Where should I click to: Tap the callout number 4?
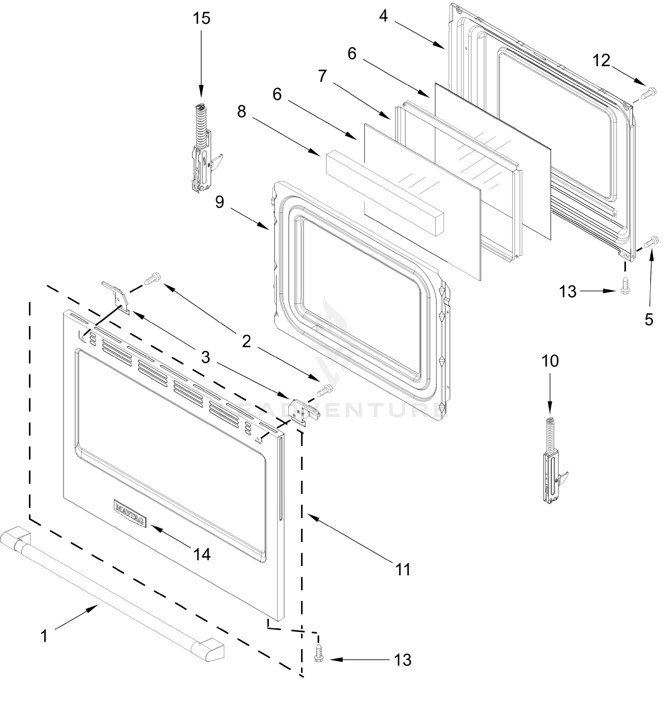pyautogui.click(x=383, y=16)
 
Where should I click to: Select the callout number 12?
pyautogui.click(x=601, y=61)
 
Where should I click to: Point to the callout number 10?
pyautogui.click(x=550, y=361)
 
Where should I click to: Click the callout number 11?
pyautogui.click(x=402, y=569)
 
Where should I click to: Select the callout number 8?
pyautogui.click(x=241, y=112)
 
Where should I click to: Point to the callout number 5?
pyautogui.click(x=649, y=319)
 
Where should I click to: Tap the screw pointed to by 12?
pyautogui.click(x=648, y=92)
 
